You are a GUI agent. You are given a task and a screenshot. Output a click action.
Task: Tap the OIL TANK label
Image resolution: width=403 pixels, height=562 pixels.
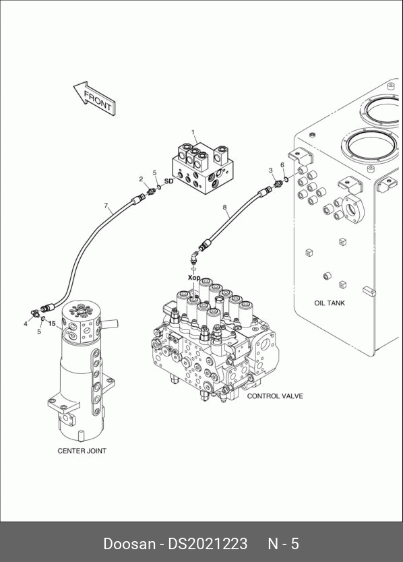tap(330, 303)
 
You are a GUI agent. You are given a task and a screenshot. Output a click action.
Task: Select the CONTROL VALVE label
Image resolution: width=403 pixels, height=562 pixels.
tap(275, 396)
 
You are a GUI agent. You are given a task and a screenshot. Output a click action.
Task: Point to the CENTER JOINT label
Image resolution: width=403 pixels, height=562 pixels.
tap(82, 451)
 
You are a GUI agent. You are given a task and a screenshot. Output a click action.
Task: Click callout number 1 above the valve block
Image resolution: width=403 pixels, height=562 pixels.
tap(193, 133)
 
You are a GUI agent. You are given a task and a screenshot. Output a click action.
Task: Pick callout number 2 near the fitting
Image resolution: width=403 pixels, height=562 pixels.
tap(142, 179)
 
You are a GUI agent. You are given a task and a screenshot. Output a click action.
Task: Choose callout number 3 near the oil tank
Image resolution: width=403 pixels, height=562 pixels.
tap(271, 170)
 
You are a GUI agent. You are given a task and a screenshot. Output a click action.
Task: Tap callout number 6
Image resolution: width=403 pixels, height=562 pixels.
tap(282, 165)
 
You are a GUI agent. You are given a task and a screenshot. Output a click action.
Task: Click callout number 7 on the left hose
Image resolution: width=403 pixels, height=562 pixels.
tap(106, 206)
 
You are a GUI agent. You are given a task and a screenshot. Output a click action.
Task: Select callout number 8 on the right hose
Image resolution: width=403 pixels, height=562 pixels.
tap(225, 207)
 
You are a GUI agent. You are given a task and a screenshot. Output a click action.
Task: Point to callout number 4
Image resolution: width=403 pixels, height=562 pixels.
tap(26, 324)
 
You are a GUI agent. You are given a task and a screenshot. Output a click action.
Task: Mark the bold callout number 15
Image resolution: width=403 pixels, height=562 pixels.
tap(52, 323)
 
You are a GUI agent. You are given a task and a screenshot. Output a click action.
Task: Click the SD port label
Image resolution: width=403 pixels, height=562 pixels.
tap(169, 181)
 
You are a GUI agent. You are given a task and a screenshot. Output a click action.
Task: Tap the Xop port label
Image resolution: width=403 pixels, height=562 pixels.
tap(194, 278)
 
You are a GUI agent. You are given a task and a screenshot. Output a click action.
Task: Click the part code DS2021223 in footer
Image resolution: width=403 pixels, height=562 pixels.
tap(208, 544)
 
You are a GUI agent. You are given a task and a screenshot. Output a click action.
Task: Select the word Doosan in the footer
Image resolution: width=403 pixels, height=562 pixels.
tap(129, 544)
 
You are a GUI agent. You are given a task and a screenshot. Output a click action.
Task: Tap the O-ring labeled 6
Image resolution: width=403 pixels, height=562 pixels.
tap(286, 179)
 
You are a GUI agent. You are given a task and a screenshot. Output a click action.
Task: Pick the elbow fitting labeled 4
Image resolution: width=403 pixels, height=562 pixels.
tap(35, 313)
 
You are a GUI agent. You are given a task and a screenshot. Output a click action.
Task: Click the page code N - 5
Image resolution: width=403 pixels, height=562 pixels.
tap(283, 544)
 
